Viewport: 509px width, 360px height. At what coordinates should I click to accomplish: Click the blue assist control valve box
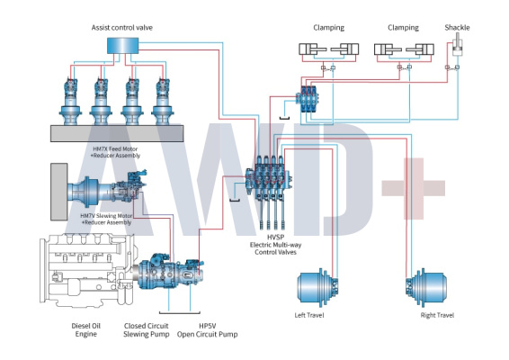tap(122, 46)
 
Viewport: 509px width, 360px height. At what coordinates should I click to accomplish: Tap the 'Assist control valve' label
tap(122, 28)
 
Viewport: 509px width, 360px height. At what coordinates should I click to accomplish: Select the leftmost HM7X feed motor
tap(70, 102)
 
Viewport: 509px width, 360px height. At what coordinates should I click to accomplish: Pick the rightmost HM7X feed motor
tap(163, 102)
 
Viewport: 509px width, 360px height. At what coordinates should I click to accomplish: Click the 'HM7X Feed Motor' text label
tap(115, 148)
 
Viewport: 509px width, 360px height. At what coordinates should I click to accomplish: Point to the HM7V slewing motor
tap(107, 189)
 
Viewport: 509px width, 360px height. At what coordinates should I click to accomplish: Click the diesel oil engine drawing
tap(87, 271)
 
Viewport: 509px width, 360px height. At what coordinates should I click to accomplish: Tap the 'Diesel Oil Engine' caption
tap(86, 329)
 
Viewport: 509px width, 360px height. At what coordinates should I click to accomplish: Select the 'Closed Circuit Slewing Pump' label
tap(146, 329)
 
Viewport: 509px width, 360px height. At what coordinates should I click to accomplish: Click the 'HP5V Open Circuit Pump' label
tap(208, 329)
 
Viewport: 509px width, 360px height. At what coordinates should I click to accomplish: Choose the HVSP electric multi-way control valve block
tap(269, 182)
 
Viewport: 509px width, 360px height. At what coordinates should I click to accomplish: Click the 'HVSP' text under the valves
tap(275, 238)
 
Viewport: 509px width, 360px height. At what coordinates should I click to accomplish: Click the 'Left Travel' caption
tap(309, 315)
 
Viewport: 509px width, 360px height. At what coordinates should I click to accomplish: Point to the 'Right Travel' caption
tap(437, 315)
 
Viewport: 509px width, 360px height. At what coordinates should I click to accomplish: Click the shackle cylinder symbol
tap(458, 48)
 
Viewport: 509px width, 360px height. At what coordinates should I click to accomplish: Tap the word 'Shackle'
tap(457, 28)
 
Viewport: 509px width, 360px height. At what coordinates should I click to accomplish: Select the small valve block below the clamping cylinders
tap(308, 99)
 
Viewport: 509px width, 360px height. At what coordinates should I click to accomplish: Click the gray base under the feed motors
tap(117, 133)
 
